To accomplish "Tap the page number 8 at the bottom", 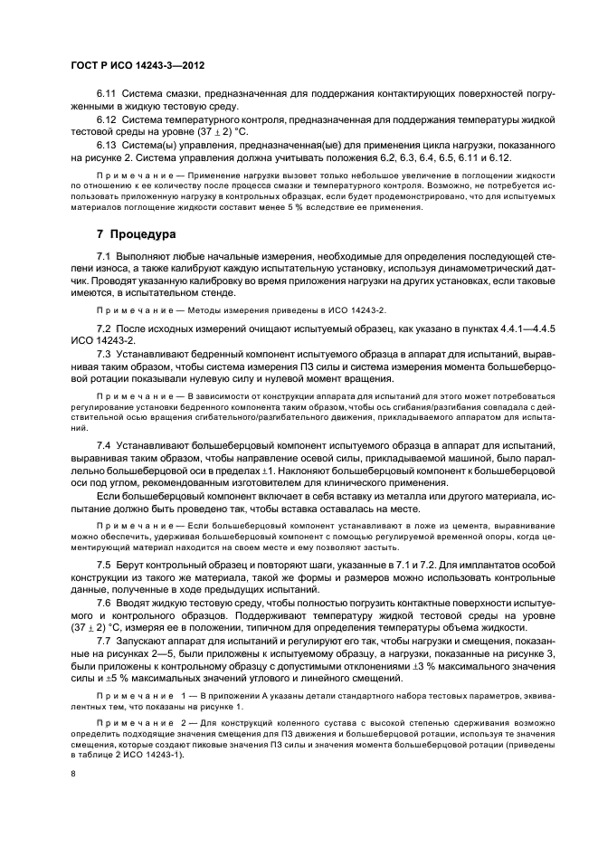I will pos(73,774).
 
